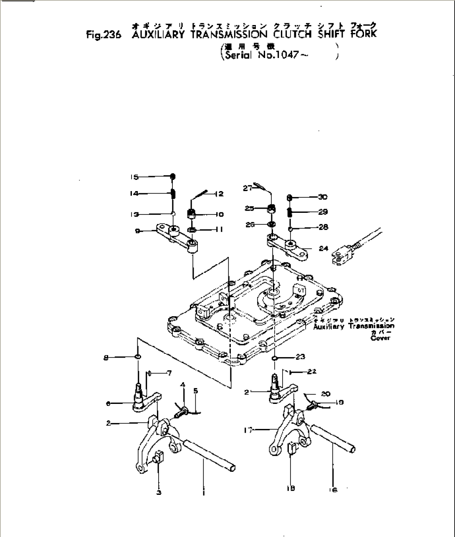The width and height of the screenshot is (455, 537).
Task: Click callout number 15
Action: (x=134, y=177)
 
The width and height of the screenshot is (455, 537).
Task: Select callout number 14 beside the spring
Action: (x=134, y=194)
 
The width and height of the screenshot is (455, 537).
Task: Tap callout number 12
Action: (x=220, y=194)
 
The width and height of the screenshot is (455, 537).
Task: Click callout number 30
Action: (x=323, y=197)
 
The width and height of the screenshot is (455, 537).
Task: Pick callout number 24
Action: (x=324, y=249)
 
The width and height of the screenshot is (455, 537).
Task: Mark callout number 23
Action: (x=301, y=357)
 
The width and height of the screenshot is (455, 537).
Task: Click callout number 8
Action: (x=106, y=357)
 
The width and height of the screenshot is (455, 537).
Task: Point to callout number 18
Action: (x=291, y=488)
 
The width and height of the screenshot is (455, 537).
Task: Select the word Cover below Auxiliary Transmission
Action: (x=380, y=338)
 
